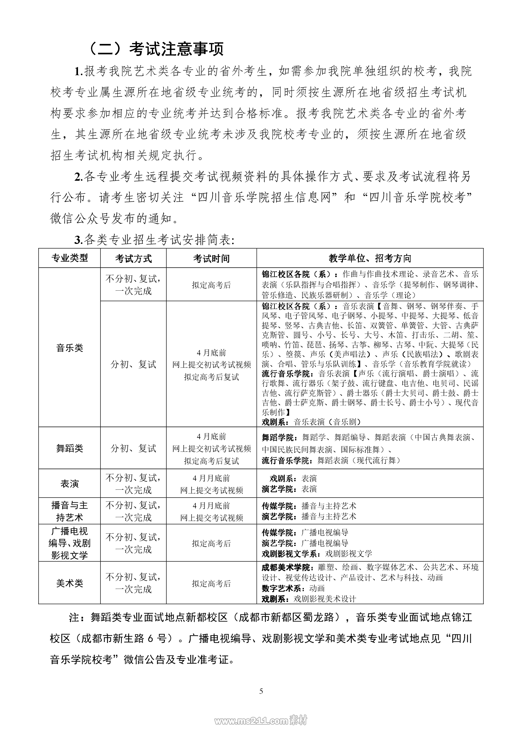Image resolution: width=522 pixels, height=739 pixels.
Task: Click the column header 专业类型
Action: [x=69, y=258]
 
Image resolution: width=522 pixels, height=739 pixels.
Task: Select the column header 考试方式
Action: [x=133, y=258]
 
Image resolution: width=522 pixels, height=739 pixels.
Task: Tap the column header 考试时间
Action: [x=211, y=258]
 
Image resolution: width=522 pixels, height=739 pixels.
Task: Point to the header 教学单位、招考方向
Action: [x=370, y=258]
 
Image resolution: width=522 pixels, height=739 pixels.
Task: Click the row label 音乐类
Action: [x=69, y=348]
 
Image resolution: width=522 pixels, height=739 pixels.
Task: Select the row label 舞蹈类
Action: [x=69, y=448]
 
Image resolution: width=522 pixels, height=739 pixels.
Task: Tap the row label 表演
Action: [x=69, y=483]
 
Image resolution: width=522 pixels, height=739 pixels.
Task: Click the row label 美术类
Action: [x=69, y=583]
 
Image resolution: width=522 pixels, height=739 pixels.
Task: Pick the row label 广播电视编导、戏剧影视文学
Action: [x=69, y=543]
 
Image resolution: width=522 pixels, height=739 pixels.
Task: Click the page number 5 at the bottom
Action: [x=261, y=691]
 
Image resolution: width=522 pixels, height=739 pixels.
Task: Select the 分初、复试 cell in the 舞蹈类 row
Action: [x=133, y=448]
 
